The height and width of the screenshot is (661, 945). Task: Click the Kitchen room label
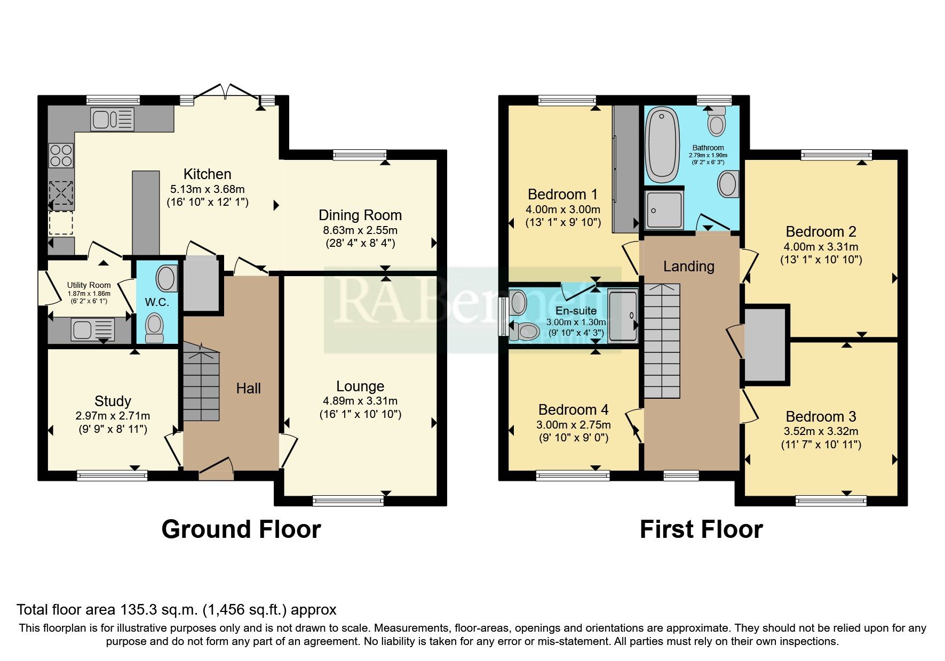pyautogui.click(x=207, y=174)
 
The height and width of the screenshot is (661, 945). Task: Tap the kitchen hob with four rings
pyautogui.click(x=61, y=155)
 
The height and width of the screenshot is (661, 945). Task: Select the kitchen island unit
pyautogui.click(x=146, y=212)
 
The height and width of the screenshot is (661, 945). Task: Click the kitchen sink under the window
pyautogui.click(x=112, y=119)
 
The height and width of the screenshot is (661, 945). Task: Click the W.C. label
pyautogui.click(x=156, y=302)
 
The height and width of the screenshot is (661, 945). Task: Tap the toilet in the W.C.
pyautogui.click(x=155, y=327)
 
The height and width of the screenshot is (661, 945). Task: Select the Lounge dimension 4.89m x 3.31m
pyautogui.click(x=360, y=401)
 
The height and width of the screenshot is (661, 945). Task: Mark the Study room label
pyautogui.click(x=113, y=401)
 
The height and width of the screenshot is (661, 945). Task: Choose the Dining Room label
pyautogui.click(x=360, y=215)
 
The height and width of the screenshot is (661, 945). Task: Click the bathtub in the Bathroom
pyautogui.click(x=662, y=144)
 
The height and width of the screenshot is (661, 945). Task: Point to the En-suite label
pyautogui.click(x=576, y=311)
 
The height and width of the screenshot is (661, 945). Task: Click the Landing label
pyautogui.click(x=688, y=266)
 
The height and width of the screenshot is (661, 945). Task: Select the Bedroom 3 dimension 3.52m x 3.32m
pyautogui.click(x=820, y=431)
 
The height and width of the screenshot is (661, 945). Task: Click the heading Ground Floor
pyautogui.click(x=241, y=529)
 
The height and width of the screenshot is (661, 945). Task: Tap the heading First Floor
pyautogui.click(x=701, y=529)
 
